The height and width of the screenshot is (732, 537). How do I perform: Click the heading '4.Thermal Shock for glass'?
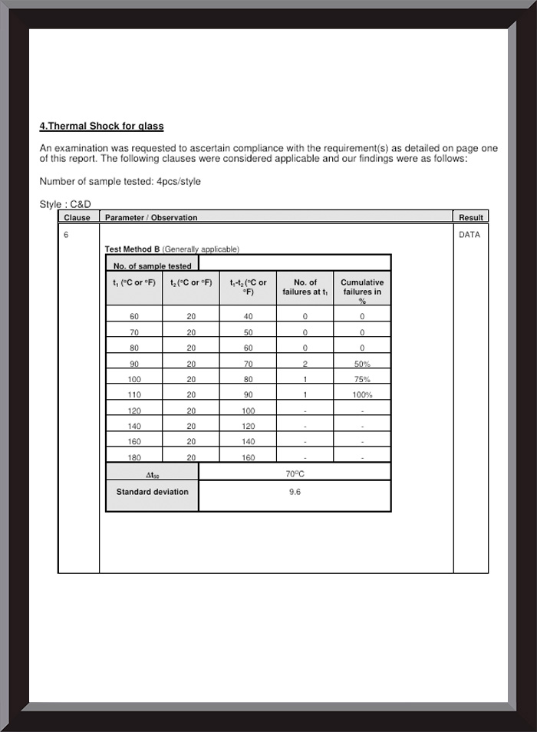click(x=101, y=126)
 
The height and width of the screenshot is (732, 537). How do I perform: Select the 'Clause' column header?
click(x=77, y=218)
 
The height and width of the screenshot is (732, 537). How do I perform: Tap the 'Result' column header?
click(x=470, y=218)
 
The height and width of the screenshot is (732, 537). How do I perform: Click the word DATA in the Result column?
click(x=469, y=235)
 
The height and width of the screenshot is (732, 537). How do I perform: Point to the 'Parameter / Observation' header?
click(x=151, y=218)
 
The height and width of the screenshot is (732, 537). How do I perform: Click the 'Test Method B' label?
click(x=132, y=249)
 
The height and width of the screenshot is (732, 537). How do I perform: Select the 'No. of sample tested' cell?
click(x=153, y=266)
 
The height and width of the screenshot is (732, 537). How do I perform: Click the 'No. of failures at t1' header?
click(x=305, y=287)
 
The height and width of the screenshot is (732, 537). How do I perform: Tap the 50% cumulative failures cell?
click(x=362, y=364)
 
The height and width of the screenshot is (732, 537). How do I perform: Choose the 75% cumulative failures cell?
click(x=362, y=379)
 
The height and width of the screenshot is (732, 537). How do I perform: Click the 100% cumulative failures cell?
click(x=362, y=395)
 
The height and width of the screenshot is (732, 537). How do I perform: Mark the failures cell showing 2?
click(x=305, y=364)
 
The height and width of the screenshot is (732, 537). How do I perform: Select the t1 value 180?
click(x=134, y=458)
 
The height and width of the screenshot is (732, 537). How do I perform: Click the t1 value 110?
click(x=134, y=395)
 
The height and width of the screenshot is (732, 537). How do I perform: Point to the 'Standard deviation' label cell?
click(x=152, y=492)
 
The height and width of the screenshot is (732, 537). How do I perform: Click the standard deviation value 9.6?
click(x=295, y=492)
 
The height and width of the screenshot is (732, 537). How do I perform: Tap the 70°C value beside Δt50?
click(x=295, y=473)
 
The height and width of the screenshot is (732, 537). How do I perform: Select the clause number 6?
click(x=66, y=235)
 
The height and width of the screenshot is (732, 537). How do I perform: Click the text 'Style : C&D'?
click(x=65, y=204)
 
